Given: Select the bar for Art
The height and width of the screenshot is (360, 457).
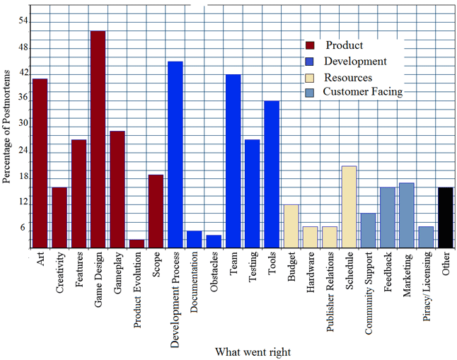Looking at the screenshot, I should point(40,163).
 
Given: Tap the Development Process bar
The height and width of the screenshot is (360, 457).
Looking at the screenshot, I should point(175,155).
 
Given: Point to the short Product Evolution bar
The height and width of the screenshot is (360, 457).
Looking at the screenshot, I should point(137,244).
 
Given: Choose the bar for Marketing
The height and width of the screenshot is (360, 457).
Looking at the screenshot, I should point(406,216).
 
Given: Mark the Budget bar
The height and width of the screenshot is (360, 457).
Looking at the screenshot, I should point(291,226).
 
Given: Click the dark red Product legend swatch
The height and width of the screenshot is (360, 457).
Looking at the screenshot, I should point(309,46).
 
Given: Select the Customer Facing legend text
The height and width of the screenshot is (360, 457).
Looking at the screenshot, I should point(362,92).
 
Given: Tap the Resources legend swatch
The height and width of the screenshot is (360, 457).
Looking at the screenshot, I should point(309,77).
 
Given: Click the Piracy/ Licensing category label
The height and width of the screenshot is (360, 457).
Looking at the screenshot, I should point(427,287).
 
